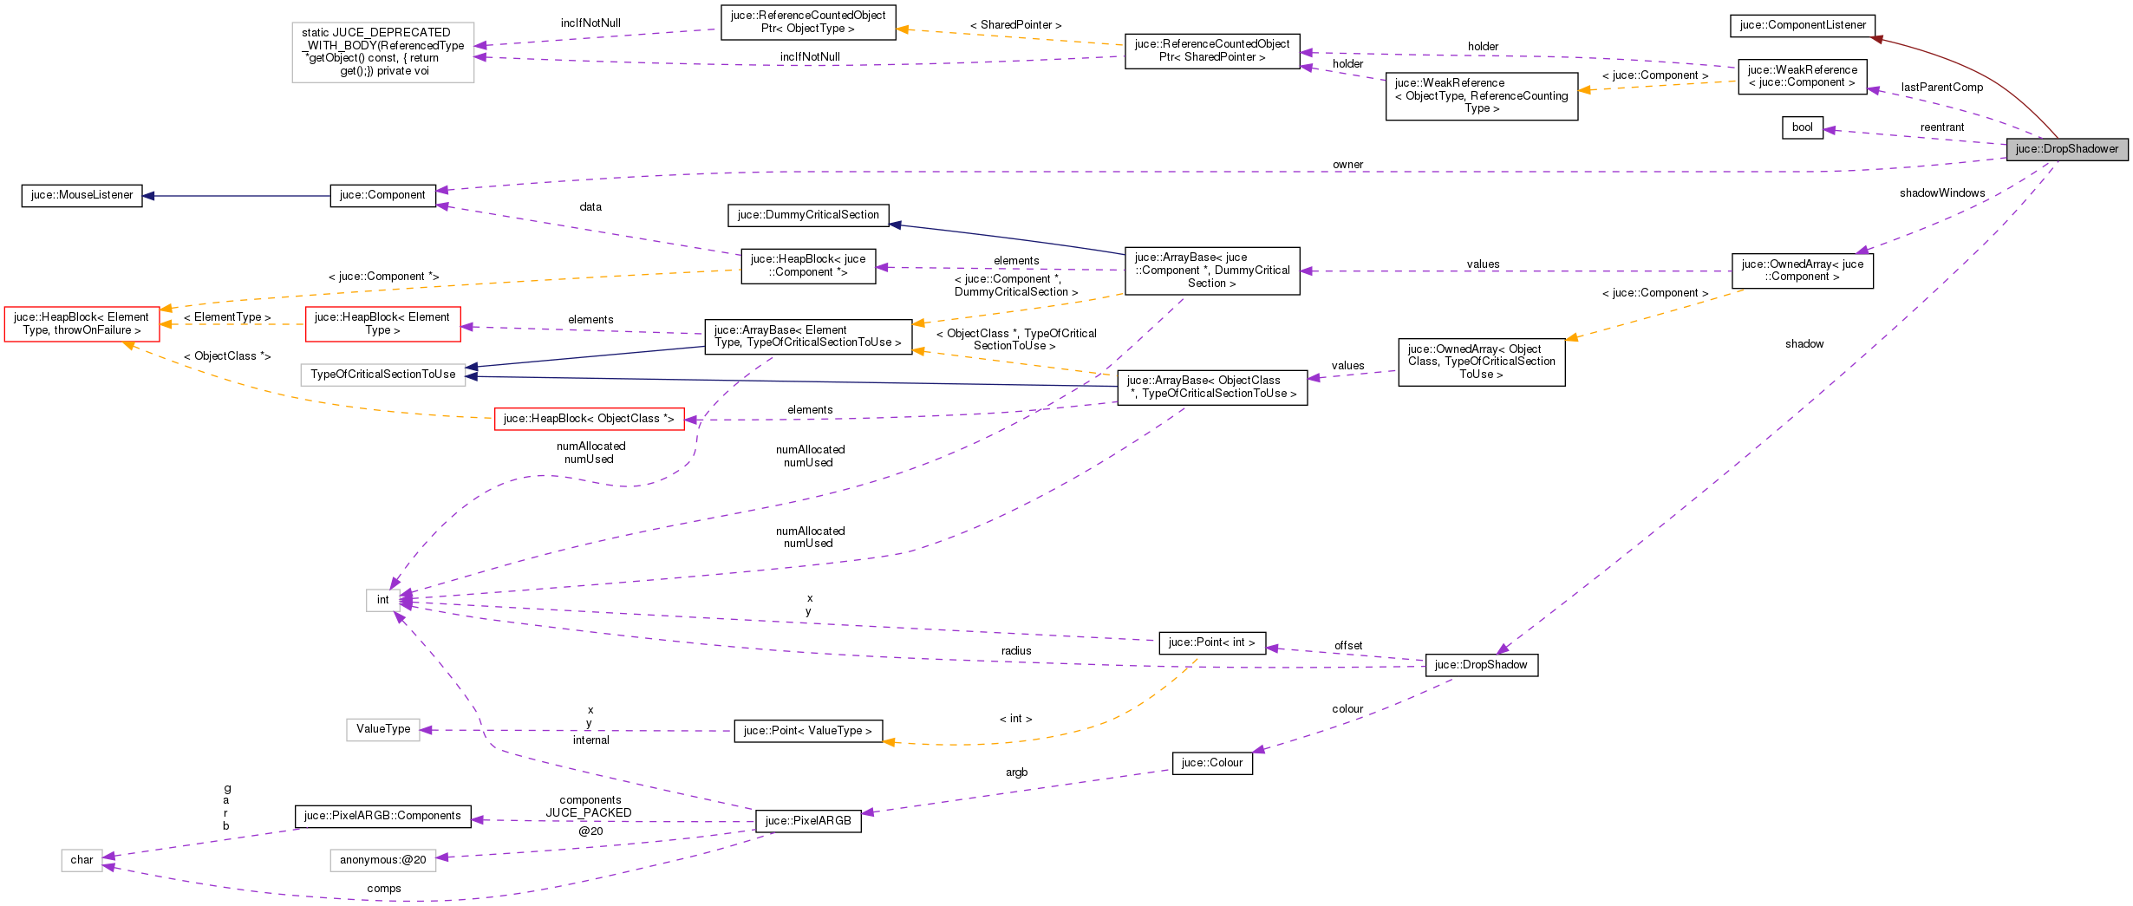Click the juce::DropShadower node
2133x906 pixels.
tap(2066, 149)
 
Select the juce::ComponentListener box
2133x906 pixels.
tap(1803, 25)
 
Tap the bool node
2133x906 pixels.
tap(1802, 127)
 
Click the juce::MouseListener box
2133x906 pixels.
tap(82, 195)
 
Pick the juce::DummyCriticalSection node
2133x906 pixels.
tap(807, 215)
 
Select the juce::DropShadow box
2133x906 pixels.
tap(1481, 665)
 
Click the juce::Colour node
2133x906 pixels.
tap(1211, 763)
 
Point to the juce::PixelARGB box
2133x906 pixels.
tap(807, 821)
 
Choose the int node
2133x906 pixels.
tap(382, 600)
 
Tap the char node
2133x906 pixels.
tap(82, 860)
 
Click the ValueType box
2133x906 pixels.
tap(382, 729)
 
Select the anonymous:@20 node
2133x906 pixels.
tap(382, 860)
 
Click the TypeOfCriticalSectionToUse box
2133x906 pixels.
tap(382, 375)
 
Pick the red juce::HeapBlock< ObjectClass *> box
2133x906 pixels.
tap(589, 419)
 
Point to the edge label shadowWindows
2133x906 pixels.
tap(1941, 193)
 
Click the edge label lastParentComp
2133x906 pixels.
tap(1941, 88)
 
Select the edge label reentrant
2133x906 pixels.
tap(1941, 127)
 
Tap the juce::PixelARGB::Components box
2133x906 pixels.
tap(382, 816)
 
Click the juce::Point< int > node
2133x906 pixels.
tap(1211, 642)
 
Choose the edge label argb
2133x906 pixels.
tap(1016, 772)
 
